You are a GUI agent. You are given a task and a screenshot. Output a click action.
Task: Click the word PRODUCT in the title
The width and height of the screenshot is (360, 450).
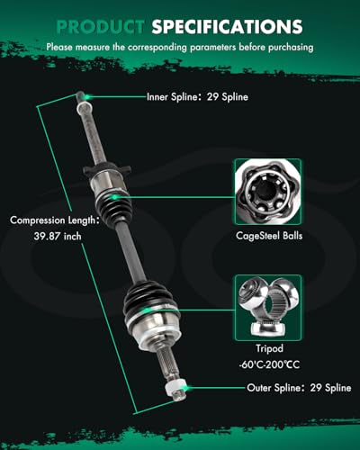pos(100,26)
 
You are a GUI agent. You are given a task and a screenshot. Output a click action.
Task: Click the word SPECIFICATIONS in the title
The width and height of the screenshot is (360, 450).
pos(227,26)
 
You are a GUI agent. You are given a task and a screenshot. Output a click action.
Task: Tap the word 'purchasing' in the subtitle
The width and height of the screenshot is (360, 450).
pos(291,47)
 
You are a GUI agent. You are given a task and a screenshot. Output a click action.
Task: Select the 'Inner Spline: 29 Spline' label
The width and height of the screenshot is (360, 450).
pos(197,97)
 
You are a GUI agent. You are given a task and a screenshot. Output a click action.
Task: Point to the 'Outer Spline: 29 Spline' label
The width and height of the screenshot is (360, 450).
pos(299,388)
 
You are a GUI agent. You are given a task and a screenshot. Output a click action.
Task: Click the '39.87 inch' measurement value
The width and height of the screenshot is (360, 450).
pos(58,236)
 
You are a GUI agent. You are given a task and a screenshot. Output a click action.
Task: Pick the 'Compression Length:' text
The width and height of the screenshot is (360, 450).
pos(54,220)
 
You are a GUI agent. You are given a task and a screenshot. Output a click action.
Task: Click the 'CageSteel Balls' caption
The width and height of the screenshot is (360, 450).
pos(269,236)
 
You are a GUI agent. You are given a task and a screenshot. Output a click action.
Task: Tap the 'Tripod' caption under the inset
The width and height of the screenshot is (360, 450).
pos(269,348)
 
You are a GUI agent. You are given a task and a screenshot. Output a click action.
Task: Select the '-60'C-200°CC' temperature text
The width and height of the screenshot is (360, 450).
pos(269,364)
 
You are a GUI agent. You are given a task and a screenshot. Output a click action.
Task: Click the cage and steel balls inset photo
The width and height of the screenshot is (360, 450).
pos(268,192)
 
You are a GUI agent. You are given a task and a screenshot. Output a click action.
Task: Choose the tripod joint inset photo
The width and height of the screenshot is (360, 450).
pos(268,308)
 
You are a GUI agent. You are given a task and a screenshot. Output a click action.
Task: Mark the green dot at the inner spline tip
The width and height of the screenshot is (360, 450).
pos(87,97)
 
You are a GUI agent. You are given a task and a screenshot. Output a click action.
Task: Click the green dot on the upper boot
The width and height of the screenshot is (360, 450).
pos(114,197)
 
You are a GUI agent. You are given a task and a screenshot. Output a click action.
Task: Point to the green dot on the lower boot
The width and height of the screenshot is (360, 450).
pos(147,310)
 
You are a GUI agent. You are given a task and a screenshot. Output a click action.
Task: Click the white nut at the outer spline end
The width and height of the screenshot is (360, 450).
pos(175,388)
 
